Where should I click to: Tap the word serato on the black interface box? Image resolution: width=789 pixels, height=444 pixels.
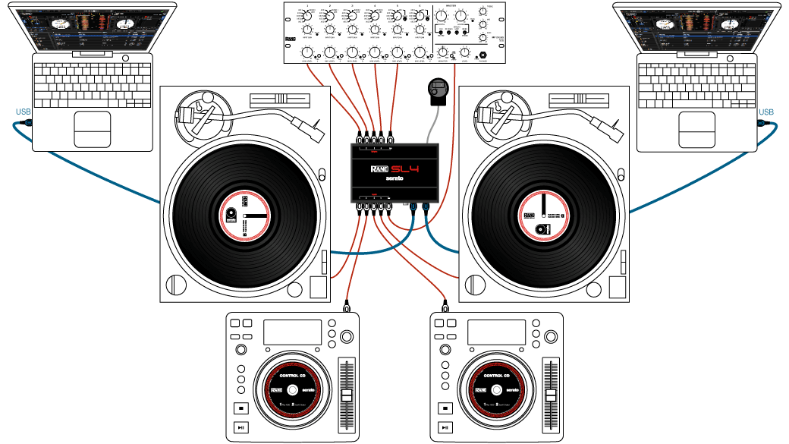tap(394, 180)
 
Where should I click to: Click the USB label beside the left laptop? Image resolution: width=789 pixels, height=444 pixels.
tap(24, 112)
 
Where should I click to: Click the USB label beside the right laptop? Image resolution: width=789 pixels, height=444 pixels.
tap(766, 112)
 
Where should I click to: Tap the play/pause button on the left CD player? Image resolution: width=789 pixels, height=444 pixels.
tap(240, 427)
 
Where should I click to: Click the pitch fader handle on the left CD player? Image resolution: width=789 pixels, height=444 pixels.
tap(347, 398)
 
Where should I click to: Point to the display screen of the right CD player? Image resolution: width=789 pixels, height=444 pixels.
tap(496, 332)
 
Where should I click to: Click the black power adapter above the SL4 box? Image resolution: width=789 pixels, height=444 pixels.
tap(438, 90)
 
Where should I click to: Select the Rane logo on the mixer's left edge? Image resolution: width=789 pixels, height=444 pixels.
tap(289, 39)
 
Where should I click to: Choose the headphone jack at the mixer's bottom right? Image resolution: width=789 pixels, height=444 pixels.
tap(483, 57)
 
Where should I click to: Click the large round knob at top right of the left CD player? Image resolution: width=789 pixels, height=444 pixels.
tap(347, 336)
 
